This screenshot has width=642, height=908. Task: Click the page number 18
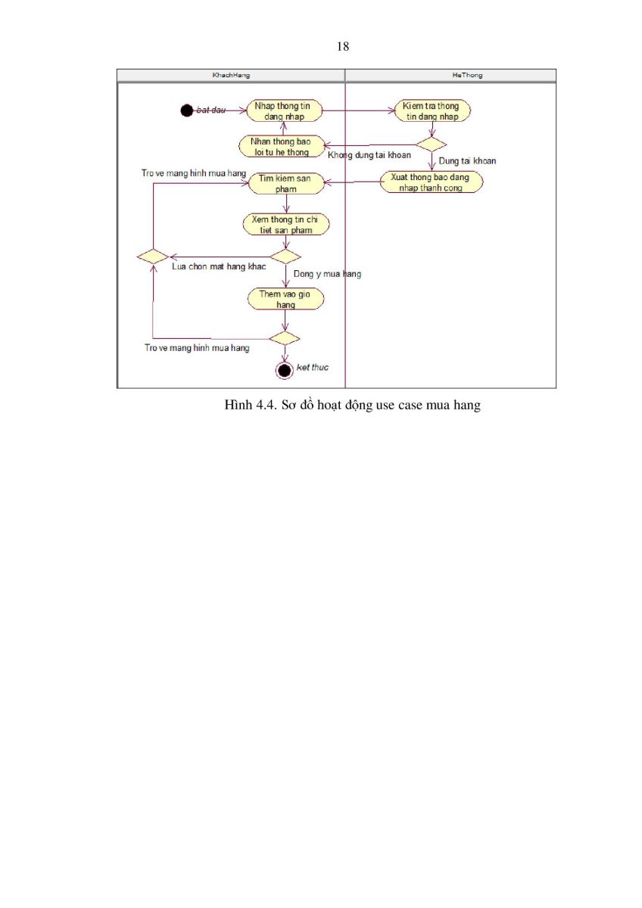tap(343, 46)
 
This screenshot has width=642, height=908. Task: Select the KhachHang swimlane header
tap(231, 76)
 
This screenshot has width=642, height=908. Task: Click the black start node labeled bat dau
tap(186, 110)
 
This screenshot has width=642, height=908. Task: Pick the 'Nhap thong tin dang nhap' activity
tap(285, 110)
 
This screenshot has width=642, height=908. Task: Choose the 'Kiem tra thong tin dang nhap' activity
tap(432, 110)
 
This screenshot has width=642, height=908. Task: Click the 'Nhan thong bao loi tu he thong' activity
tap(282, 146)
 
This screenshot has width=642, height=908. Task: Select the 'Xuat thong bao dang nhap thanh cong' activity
tap(431, 182)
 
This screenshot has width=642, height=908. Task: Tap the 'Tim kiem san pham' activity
tap(286, 183)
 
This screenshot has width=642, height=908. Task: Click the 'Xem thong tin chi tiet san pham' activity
tap(286, 225)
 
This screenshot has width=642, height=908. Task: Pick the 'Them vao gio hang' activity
tap(286, 299)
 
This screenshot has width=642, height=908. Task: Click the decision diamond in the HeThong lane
tap(431, 145)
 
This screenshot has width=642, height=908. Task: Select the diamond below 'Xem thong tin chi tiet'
tap(285, 257)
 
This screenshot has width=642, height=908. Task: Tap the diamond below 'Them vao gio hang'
tap(285, 338)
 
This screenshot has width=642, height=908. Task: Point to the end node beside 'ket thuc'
tap(285, 370)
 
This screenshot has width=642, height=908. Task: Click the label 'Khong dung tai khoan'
tap(369, 155)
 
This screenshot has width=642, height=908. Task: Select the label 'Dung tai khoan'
tap(467, 161)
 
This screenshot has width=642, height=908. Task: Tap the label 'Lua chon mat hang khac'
tap(219, 266)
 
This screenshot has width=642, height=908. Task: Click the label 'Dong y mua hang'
tap(327, 274)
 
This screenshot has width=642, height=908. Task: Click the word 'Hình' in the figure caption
tap(238, 405)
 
